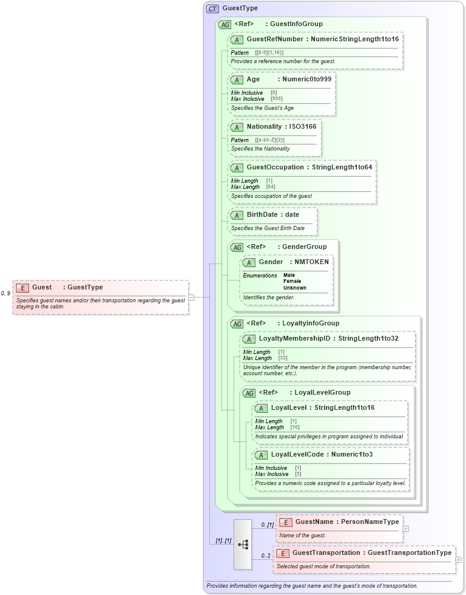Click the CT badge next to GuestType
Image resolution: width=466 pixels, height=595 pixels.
[x=212, y=8]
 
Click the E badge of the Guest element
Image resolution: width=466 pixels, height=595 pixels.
[x=22, y=288]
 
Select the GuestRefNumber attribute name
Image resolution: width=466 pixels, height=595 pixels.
[x=275, y=39]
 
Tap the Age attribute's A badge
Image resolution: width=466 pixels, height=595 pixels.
[x=237, y=80]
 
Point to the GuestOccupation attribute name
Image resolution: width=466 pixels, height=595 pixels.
[x=275, y=168]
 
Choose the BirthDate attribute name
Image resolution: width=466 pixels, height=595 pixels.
[x=264, y=215]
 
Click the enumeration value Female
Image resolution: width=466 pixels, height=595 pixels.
[x=292, y=281]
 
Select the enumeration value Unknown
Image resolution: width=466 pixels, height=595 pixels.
[x=294, y=288]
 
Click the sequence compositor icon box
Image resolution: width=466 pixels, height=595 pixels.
[x=243, y=545]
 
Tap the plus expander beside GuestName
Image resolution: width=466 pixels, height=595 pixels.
[x=405, y=528]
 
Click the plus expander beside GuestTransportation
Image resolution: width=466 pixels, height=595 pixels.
[x=458, y=560]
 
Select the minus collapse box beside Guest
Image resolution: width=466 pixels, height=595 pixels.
[x=191, y=297]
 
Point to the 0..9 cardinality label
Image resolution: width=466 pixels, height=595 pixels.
[x=5, y=294]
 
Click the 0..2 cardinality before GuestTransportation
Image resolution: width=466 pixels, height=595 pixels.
[x=266, y=556]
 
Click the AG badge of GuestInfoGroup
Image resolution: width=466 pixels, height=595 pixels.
[x=225, y=25]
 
